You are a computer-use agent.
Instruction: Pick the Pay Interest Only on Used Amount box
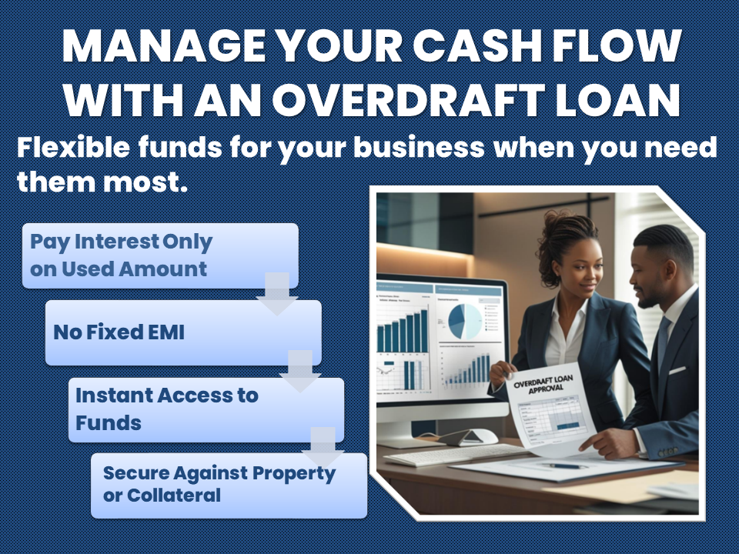coord(159,255)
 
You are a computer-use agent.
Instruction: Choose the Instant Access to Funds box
coord(206,409)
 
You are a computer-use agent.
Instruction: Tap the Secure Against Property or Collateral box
coord(229,485)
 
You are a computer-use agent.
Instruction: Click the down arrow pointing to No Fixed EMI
coord(277,293)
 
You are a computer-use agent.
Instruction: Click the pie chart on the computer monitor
coord(466,320)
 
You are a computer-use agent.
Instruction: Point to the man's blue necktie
coord(663,341)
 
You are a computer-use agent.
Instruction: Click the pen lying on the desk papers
coord(568,466)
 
